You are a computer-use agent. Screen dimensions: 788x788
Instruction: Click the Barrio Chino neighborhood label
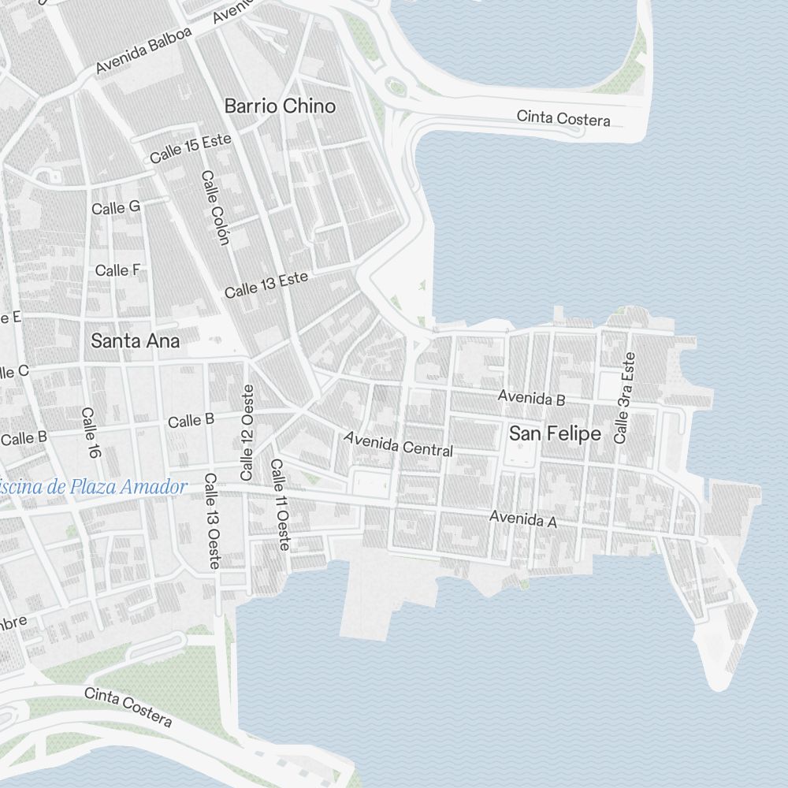click(280, 106)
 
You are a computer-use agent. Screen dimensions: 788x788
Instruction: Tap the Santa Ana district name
click(136, 341)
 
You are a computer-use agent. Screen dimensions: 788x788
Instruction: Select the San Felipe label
click(555, 434)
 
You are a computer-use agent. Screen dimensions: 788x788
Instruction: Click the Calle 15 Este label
click(191, 148)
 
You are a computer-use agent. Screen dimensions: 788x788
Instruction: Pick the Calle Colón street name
click(214, 207)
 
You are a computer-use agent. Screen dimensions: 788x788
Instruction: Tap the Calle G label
click(116, 207)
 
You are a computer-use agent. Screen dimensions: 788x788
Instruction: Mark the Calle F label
click(117, 270)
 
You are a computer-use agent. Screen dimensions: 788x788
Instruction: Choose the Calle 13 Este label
click(266, 285)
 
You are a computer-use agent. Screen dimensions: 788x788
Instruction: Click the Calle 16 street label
click(91, 433)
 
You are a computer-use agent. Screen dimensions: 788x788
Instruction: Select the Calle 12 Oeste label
click(247, 433)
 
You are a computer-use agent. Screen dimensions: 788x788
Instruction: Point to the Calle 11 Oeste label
click(280, 504)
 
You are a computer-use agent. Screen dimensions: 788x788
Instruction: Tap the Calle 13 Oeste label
click(212, 521)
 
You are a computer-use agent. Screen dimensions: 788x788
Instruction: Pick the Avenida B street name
click(531, 399)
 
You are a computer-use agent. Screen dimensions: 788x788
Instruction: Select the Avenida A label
click(523, 519)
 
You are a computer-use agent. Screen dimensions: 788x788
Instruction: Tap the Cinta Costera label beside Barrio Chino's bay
click(563, 118)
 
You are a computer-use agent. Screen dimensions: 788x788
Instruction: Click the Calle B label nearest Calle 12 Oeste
click(191, 421)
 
